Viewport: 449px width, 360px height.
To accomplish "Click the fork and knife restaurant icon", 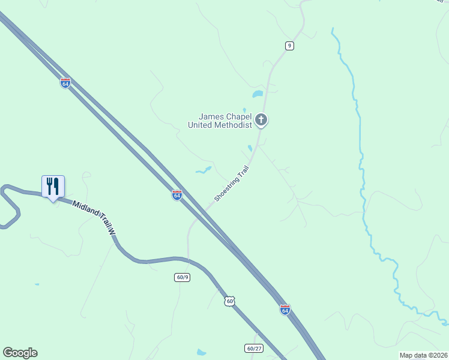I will click(53, 186).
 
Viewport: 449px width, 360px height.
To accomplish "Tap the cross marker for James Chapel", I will click(261, 120).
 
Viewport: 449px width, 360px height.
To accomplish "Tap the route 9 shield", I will click(289, 46).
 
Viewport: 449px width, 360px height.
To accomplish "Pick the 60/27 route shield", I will click(254, 348).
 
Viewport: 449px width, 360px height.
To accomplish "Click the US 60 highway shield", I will click(229, 301).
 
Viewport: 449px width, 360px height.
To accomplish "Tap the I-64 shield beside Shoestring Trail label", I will click(176, 195).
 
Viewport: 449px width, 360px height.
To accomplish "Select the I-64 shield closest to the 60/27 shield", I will click(285, 310).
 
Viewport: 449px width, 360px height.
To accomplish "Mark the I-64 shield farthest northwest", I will click(65, 83).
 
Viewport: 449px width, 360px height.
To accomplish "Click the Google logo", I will click(20, 353).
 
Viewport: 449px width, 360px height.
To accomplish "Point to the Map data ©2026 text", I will click(423, 355).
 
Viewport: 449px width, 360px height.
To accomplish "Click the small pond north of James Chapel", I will click(258, 94).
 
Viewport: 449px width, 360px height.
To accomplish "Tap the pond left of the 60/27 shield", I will click(201, 352).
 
